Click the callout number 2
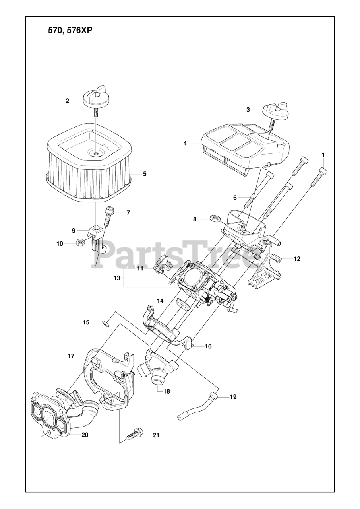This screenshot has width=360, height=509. [x=68, y=101]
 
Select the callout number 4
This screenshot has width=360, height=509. [x=185, y=143]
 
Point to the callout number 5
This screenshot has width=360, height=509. [x=145, y=174]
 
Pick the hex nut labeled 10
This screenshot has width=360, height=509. [x=79, y=242]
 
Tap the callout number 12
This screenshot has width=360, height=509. [x=297, y=259]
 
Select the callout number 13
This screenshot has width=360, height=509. [x=116, y=278]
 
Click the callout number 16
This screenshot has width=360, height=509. [x=208, y=346]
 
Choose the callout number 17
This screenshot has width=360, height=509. [x=71, y=356]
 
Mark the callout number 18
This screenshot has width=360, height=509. [x=166, y=392]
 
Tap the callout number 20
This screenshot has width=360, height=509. [x=85, y=435]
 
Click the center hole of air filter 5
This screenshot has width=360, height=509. [x=97, y=152]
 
